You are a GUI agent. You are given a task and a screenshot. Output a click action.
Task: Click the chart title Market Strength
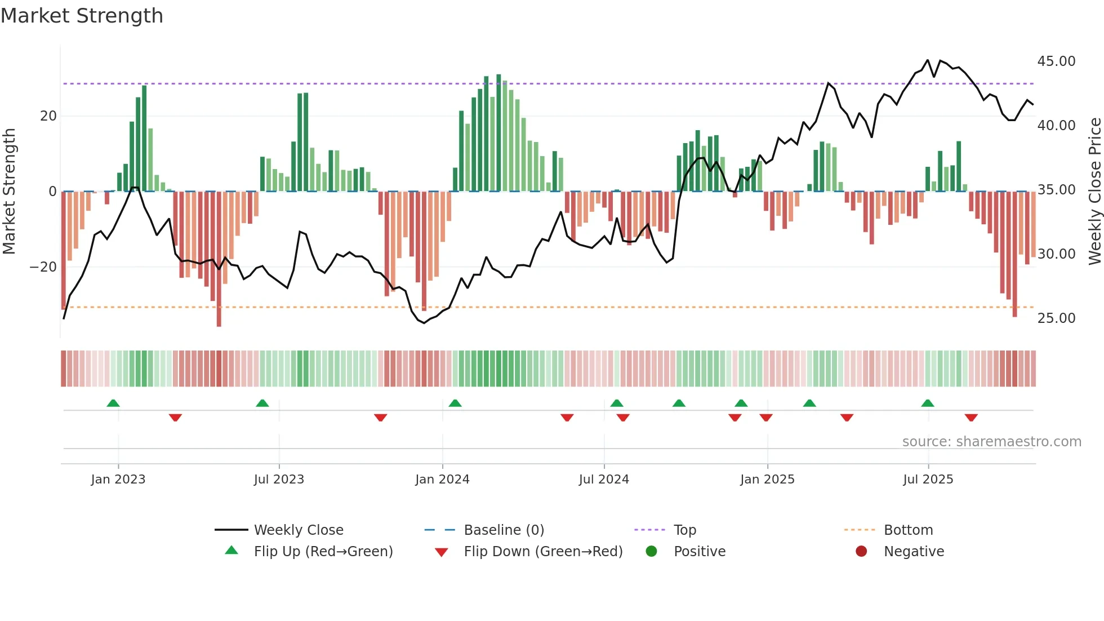(82, 16)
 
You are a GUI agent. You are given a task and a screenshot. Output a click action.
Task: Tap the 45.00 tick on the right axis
(1056, 61)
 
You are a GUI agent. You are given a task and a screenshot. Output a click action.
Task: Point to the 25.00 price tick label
(1056, 318)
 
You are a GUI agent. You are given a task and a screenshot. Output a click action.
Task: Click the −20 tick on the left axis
(43, 267)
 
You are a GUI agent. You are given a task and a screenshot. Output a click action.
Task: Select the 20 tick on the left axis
(48, 116)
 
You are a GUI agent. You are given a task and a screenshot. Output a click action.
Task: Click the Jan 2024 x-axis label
(442, 480)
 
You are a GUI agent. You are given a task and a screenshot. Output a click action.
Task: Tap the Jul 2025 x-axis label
(928, 480)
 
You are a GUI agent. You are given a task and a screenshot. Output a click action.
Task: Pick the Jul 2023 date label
(279, 480)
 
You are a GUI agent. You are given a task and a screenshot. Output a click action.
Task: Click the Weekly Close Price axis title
(1094, 191)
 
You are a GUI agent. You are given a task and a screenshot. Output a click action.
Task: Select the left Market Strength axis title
(10, 191)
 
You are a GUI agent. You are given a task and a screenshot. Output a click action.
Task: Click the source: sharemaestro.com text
(991, 441)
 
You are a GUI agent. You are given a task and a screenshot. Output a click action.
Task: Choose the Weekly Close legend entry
(299, 530)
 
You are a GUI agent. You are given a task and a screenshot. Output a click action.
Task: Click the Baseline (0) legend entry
(504, 530)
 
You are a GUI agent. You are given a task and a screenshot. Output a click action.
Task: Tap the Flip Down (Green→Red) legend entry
(543, 551)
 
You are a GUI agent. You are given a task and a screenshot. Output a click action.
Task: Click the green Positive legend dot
(651, 551)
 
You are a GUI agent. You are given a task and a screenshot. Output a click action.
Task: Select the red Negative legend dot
(861, 551)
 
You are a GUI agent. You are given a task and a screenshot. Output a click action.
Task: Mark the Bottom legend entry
(908, 530)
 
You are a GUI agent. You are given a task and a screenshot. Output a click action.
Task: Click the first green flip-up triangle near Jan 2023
(113, 403)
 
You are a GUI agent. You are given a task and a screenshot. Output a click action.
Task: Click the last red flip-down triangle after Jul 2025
(971, 418)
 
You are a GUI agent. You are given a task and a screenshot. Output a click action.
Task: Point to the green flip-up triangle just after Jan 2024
(455, 403)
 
